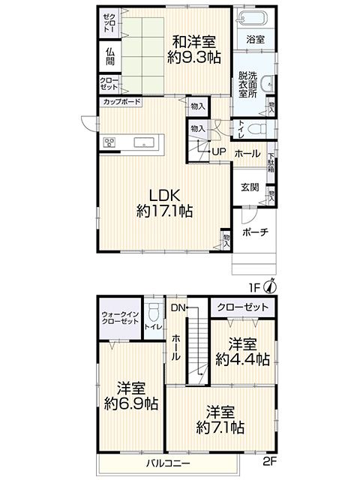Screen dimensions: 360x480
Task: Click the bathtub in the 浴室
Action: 253,17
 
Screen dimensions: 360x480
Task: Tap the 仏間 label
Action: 110,57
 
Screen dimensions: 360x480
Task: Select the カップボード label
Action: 121,102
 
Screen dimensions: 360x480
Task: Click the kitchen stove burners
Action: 109,142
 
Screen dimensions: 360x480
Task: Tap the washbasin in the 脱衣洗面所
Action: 267,83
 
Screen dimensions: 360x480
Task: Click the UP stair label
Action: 218,151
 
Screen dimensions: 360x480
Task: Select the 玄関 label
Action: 250,187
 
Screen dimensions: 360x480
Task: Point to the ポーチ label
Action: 255,232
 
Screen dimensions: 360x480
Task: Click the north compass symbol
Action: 271,286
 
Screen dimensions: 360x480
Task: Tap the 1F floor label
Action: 253,288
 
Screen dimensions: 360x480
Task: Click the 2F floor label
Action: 270,461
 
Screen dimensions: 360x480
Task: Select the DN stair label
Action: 178,308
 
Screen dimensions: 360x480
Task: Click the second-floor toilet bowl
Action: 152,312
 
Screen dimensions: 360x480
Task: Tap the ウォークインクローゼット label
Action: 120,318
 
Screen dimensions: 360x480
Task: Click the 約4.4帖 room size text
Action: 242,359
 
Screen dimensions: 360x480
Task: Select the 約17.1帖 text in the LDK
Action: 164,211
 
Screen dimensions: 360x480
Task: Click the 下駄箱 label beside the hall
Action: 271,163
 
